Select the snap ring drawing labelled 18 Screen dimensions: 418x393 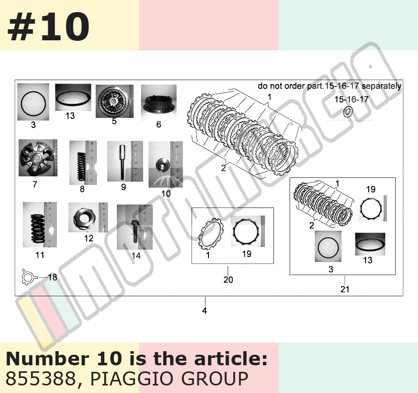(x=29, y=277)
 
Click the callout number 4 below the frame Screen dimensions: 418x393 (x=204, y=310)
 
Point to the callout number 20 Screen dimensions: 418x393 (x=228, y=280)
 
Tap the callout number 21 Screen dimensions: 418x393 (x=344, y=289)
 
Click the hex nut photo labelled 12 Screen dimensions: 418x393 (x=88, y=217)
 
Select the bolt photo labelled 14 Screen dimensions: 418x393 (x=134, y=227)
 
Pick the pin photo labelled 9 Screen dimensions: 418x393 (x=125, y=161)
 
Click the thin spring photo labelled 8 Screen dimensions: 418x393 (x=83, y=163)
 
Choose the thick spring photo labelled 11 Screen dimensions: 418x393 (x=40, y=225)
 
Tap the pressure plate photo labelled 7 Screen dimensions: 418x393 (x=38, y=158)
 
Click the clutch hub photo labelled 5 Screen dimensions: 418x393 (x=115, y=101)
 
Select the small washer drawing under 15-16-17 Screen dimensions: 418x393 (x=348, y=112)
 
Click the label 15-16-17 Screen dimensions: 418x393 (x=352, y=99)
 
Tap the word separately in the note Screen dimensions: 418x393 (x=381, y=86)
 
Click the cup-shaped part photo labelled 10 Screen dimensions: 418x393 (x=166, y=164)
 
